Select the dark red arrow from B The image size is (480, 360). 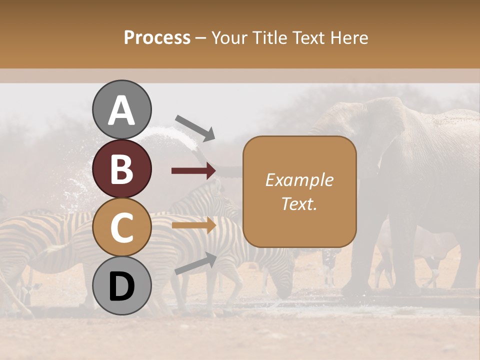193,171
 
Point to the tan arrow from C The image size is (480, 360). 193,225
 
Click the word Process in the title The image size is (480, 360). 157,37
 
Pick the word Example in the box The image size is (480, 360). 299,180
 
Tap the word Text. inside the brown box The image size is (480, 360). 299,203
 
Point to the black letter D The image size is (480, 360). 121,286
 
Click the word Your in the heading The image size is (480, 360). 229,37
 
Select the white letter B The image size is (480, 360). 121,168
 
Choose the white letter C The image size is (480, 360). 121,227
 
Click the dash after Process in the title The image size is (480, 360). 201,38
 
